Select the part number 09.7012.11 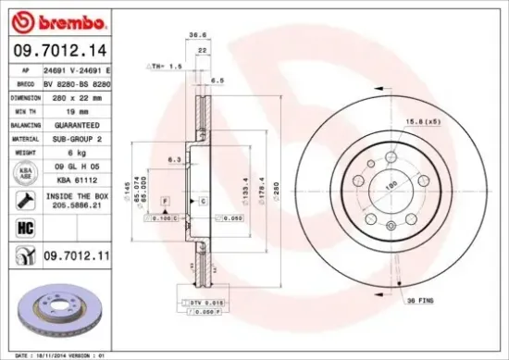tap(76, 253)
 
